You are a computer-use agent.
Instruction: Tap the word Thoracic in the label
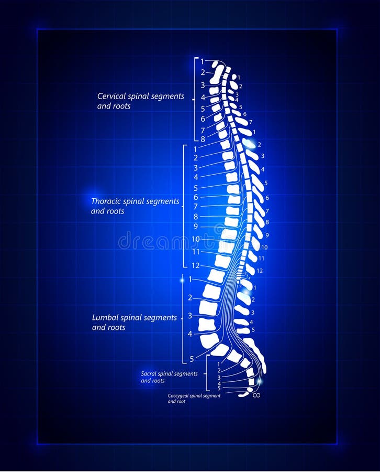107,201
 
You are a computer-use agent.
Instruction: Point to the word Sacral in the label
149,374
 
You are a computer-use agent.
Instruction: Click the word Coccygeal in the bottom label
180,396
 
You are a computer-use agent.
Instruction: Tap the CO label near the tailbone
256,395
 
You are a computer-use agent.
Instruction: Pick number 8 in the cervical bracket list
203,140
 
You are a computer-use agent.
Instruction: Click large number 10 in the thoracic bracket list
195,239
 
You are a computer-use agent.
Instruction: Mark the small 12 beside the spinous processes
260,271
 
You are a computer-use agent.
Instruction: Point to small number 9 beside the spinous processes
267,235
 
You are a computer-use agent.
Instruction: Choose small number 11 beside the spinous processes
261,259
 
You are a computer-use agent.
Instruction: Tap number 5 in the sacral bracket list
219,389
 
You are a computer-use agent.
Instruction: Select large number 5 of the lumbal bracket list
192,359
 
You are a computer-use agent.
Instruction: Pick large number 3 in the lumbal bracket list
190,316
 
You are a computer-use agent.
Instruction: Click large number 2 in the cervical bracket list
203,73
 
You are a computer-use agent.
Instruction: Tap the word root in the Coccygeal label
181,402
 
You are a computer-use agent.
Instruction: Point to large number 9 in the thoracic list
196,227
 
